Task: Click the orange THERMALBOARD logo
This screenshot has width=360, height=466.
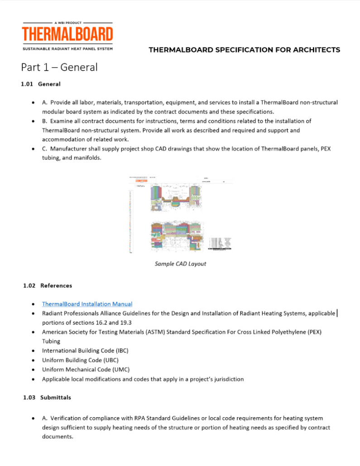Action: (x=67, y=34)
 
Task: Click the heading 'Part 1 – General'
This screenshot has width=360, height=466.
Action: (x=59, y=67)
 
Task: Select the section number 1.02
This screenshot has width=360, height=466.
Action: (x=29, y=285)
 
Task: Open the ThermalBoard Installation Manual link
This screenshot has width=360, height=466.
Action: (x=87, y=304)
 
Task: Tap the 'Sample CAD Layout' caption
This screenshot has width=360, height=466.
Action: (x=180, y=264)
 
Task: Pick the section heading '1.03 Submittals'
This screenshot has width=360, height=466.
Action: (x=47, y=398)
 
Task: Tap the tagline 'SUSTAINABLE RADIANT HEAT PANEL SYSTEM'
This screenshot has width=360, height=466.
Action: (x=67, y=48)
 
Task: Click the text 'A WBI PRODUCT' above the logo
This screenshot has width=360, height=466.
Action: (x=67, y=22)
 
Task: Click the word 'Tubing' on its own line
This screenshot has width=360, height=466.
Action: (x=51, y=341)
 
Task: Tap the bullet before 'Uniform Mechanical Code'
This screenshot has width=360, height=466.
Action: (x=34, y=370)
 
